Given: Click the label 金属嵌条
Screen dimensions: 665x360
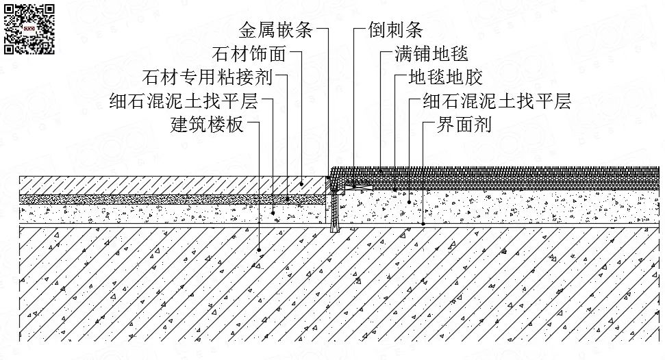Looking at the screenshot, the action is point(276,29).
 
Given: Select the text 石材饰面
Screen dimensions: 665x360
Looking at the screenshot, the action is point(249,54).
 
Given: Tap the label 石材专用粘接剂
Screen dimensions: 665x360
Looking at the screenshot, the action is point(208,77).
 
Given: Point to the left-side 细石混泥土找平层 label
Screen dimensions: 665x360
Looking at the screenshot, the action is point(184,101).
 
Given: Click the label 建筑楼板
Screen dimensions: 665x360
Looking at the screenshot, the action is point(207,125).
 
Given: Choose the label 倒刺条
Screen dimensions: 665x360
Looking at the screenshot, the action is point(396,29).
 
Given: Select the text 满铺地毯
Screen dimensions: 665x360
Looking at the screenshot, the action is point(431,54).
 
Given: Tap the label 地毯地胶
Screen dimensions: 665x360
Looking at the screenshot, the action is point(445,77).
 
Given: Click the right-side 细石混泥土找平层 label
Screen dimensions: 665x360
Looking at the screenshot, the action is point(497,101).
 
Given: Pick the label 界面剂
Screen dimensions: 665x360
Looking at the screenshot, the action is point(464,125).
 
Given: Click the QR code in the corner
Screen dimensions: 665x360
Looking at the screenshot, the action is point(29,29).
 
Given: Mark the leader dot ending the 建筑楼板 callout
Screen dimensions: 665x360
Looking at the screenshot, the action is point(259,250).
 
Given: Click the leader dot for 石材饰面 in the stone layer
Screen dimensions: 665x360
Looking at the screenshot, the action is point(301,183).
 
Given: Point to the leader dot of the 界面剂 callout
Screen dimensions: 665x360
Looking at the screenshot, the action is point(423,224).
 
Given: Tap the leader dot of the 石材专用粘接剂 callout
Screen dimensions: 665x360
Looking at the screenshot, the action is point(288,198).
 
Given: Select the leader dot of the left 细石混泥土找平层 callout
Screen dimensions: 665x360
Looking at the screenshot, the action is point(273,213).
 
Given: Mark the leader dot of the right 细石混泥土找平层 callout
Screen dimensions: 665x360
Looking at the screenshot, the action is point(410,202).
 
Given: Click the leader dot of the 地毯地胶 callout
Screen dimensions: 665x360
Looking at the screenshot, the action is point(395,190).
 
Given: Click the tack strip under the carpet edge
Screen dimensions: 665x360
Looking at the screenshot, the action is point(357,186).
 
